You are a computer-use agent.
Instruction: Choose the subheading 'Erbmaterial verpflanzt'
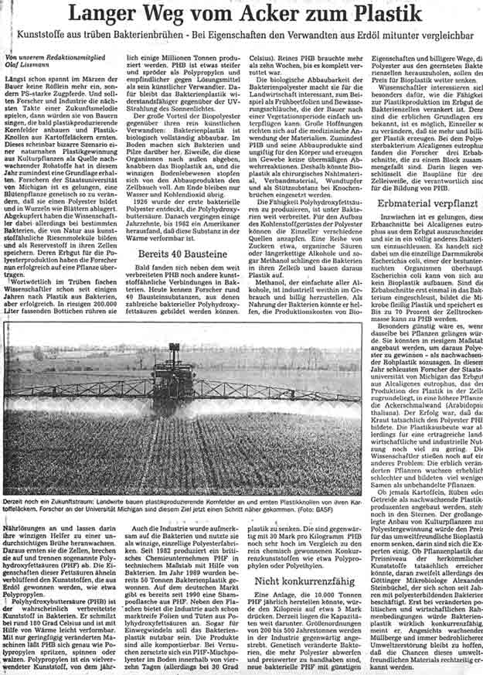pyautogui.click(x=425, y=204)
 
